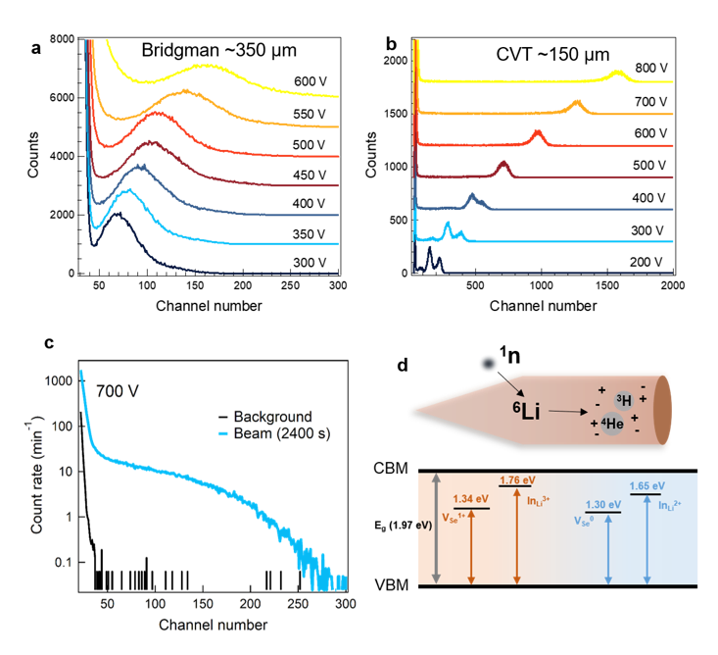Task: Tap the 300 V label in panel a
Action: point(311,262)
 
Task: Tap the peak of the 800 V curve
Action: point(616,72)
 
